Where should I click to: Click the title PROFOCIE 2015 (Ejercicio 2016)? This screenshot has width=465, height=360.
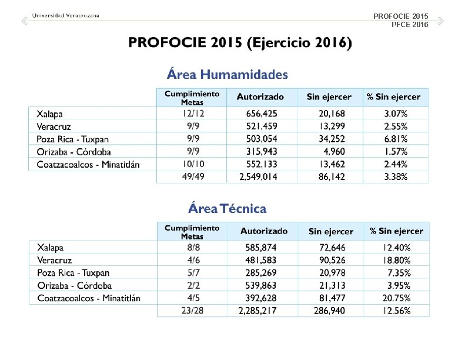[240, 43]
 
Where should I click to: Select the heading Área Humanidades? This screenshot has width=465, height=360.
[228, 75]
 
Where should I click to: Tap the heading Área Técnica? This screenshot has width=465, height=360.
[227, 209]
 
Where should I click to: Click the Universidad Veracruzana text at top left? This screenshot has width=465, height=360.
[65, 15]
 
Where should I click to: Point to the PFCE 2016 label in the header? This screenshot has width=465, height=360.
[410, 24]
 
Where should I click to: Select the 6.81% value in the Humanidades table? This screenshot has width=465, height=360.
[396, 139]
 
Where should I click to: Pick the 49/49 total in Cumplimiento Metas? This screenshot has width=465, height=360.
[193, 176]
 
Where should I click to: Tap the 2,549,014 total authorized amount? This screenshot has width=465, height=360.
[258, 176]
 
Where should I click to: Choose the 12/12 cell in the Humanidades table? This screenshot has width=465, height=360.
[193, 114]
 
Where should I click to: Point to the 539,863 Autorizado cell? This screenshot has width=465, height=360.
[261, 286]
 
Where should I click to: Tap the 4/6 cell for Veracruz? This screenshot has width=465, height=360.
[193, 260]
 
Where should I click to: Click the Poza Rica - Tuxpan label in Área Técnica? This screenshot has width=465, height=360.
[73, 273]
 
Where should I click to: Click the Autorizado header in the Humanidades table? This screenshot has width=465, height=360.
[260, 97]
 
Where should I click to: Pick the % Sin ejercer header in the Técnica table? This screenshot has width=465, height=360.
[396, 232]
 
